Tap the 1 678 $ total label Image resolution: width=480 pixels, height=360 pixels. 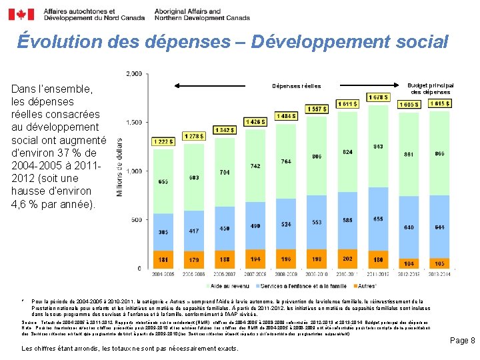coord(378,98)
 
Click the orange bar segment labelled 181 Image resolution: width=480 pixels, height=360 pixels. coord(163,259)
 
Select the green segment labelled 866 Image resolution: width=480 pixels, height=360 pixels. coord(439,154)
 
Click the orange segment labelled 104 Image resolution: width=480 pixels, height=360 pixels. coord(409,263)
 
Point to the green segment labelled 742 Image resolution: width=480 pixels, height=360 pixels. coord(255,166)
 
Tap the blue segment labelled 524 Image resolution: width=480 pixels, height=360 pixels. coord(286,224)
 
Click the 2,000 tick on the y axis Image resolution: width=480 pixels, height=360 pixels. coord(133,73)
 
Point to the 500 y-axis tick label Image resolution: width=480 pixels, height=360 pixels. coord(136,220)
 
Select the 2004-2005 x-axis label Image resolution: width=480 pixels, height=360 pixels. coord(163,273)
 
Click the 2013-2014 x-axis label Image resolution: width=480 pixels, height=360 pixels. coord(439,273)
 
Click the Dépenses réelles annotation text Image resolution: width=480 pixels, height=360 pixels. coord(297,86)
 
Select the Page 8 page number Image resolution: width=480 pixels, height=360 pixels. coord(461,340)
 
